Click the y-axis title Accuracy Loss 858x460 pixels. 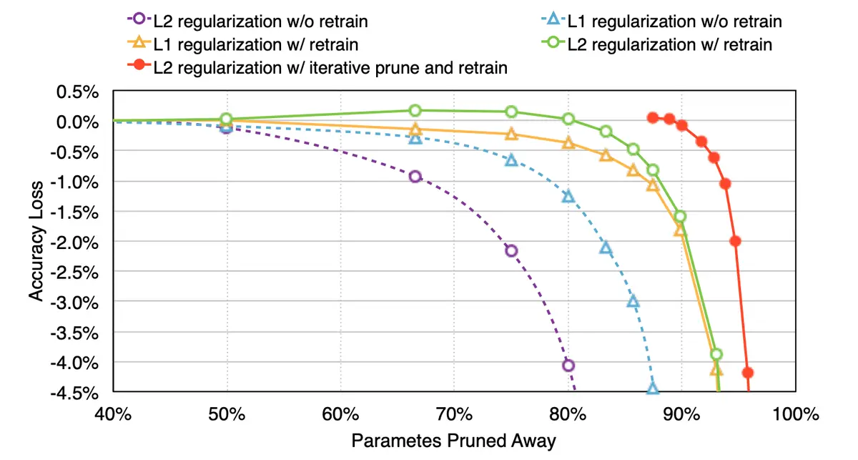pyautogui.click(x=36, y=240)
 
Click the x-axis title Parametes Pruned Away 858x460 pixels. pyautogui.click(x=453, y=441)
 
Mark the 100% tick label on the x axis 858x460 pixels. pyautogui.click(x=794, y=413)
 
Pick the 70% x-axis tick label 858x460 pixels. pyautogui.click(x=453, y=413)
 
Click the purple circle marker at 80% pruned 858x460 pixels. pyautogui.click(x=568, y=366)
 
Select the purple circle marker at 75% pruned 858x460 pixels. pyautogui.click(x=511, y=250)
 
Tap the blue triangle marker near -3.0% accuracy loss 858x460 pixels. pyautogui.click(x=633, y=301)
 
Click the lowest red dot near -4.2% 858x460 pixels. pyautogui.click(x=748, y=373)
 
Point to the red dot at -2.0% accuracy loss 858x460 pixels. pyautogui.click(x=735, y=241)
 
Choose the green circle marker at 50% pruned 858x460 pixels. pyautogui.click(x=226, y=119)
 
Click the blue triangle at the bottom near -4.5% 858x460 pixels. pyautogui.click(x=653, y=388)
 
